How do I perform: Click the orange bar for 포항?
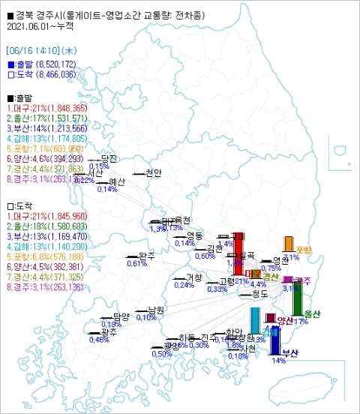[288, 244]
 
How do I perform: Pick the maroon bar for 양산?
[270, 318]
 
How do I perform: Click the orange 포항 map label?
[304, 250]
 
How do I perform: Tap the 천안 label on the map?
[153, 172]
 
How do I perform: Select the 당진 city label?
[109, 159]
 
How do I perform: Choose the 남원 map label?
[155, 310]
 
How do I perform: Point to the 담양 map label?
[121, 316]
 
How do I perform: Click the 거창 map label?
[193, 277]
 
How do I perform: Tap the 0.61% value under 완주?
[136, 264]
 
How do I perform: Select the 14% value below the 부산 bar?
[279, 361]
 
